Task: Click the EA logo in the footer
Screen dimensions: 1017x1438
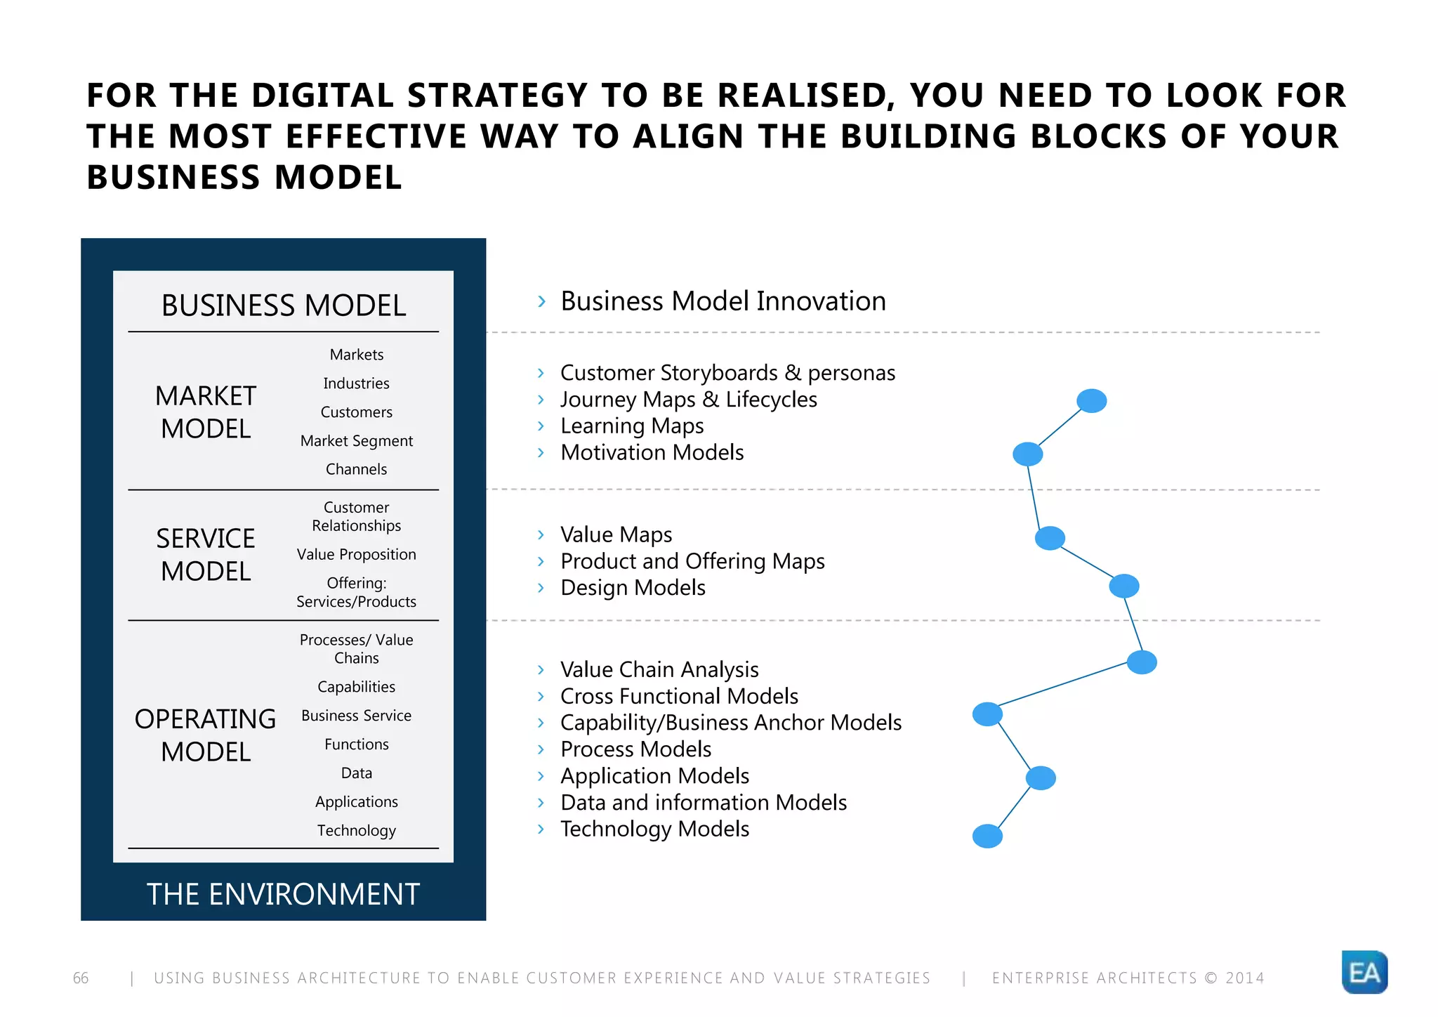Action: (1364, 972)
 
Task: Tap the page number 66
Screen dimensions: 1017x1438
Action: (81, 978)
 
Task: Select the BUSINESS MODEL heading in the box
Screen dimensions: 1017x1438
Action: (284, 306)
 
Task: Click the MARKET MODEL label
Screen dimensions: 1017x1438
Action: (206, 412)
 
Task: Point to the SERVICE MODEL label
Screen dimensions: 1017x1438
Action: (206, 555)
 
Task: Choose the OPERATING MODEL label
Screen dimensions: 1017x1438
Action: (206, 735)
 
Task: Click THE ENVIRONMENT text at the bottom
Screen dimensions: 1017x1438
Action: (283, 894)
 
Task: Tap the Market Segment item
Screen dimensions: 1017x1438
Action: (357, 441)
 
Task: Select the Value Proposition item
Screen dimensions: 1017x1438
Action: (357, 554)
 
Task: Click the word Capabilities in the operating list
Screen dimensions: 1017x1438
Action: (357, 687)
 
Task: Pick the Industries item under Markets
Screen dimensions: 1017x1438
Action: (357, 383)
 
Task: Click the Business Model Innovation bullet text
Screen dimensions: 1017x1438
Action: (723, 301)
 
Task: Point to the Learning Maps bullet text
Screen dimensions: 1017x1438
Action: (632, 426)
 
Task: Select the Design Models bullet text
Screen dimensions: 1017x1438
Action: (633, 587)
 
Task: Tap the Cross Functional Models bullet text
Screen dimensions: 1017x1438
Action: (679, 696)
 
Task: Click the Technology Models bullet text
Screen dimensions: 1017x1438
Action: (654, 829)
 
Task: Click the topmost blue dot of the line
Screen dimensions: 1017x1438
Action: (1092, 401)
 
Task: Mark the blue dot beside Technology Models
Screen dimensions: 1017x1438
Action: (987, 836)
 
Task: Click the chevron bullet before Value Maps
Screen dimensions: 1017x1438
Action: (541, 534)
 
